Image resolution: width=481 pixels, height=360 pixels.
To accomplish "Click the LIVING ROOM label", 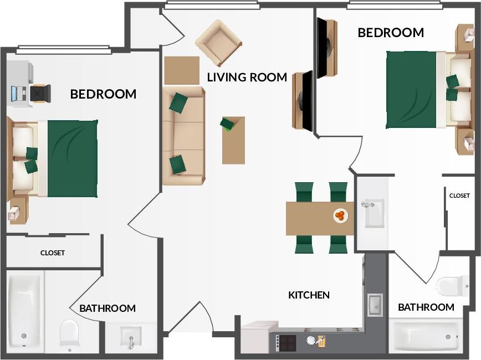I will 247,77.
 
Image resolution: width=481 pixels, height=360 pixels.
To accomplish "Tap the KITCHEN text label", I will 309,295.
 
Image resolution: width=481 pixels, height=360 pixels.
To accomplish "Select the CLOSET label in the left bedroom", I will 53,253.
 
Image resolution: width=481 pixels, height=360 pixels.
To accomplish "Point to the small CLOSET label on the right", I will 459,196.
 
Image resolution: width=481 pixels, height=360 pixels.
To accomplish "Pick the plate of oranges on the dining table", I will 340,215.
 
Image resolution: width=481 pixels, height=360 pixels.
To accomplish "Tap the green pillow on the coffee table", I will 228,124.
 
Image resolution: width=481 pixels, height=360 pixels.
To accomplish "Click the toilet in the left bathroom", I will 69,334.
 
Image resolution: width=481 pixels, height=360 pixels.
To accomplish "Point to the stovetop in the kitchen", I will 287,343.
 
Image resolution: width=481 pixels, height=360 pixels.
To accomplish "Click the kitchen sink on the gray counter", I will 375,304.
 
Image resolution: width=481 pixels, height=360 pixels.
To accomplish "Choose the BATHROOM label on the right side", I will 426,307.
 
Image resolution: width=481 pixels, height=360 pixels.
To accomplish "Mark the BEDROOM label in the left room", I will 103,94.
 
